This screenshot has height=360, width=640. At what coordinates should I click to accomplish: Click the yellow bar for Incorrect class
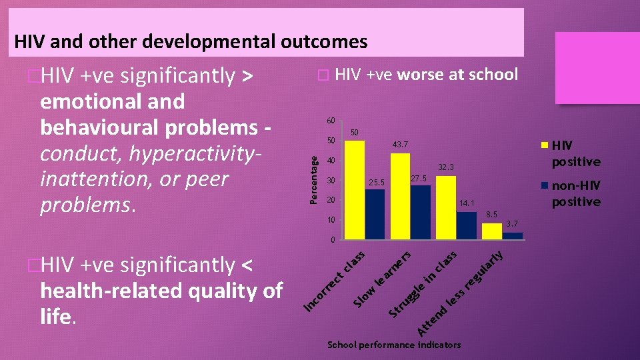click(x=355, y=190)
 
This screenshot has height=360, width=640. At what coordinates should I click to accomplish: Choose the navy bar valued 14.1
click(x=466, y=225)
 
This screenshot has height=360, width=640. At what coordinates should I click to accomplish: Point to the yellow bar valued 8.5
click(x=491, y=231)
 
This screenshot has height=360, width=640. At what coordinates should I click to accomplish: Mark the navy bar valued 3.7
click(x=512, y=235)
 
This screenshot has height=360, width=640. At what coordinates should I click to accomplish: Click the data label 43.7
click(x=400, y=145)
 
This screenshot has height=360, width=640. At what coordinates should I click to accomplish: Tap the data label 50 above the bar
click(x=355, y=133)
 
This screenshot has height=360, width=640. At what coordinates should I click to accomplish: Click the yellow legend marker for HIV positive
click(x=545, y=145)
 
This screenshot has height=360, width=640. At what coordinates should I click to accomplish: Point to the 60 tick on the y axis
click(x=329, y=121)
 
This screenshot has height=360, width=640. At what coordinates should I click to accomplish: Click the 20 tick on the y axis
click(x=329, y=200)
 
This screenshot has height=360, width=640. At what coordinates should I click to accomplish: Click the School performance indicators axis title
click(x=394, y=345)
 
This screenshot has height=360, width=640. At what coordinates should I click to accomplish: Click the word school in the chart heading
click(x=493, y=74)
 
